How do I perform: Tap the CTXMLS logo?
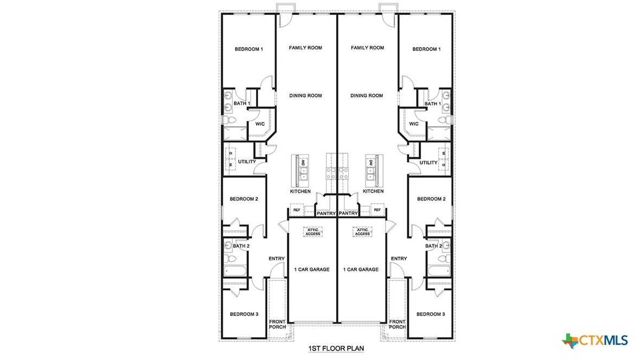click(x=595, y=340)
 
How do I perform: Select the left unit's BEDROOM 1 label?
click(x=248, y=49)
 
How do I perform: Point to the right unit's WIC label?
click(x=414, y=124)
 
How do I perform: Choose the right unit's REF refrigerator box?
click(x=377, y=210)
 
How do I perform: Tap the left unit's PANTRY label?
click(x=326, y=214)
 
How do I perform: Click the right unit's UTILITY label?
click(x=428, y=163)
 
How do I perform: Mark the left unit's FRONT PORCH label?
click(x=277, y=324)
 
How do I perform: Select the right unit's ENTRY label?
click(x=399, y=259)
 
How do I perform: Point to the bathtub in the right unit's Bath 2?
click(x=438, y=271)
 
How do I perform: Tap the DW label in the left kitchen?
click(x=304, y=163)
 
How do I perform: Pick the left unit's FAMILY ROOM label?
click(x=305, y=48)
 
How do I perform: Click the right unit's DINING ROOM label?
click(x=367, y=96)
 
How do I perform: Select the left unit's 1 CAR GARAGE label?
click(x=312, y=269)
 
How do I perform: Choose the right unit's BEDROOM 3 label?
click(x=431, y=314)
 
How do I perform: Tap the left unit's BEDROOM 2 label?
click(x=243, y=199)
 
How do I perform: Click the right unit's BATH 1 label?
click(x=432, y=104)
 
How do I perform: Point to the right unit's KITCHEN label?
click(x=373, y=191)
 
